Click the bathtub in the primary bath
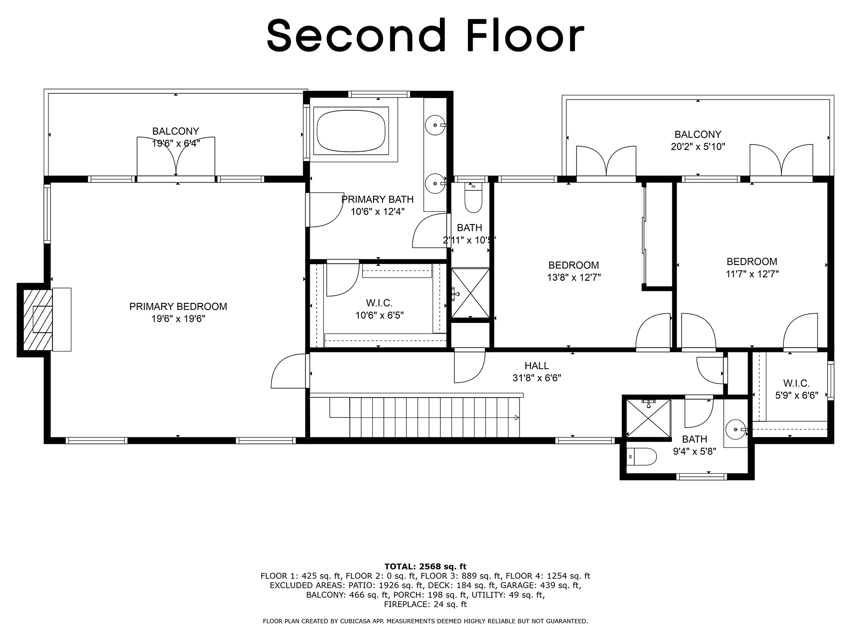(351, 130)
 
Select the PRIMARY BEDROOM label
(178, 306)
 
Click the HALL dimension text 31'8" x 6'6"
(537, 378)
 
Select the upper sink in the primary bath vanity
(435, 125)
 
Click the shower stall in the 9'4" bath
(647, 418)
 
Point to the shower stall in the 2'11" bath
(470, 293)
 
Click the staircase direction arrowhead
(517, 417)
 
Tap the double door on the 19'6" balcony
(176, 158)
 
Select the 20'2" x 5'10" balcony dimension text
(697, 147)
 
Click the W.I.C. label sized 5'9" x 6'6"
(796, 383)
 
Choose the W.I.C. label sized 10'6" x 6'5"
(379, 303)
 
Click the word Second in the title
(357, 36)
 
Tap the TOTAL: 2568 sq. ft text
(425, 566)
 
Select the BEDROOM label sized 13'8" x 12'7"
(573, 265)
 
